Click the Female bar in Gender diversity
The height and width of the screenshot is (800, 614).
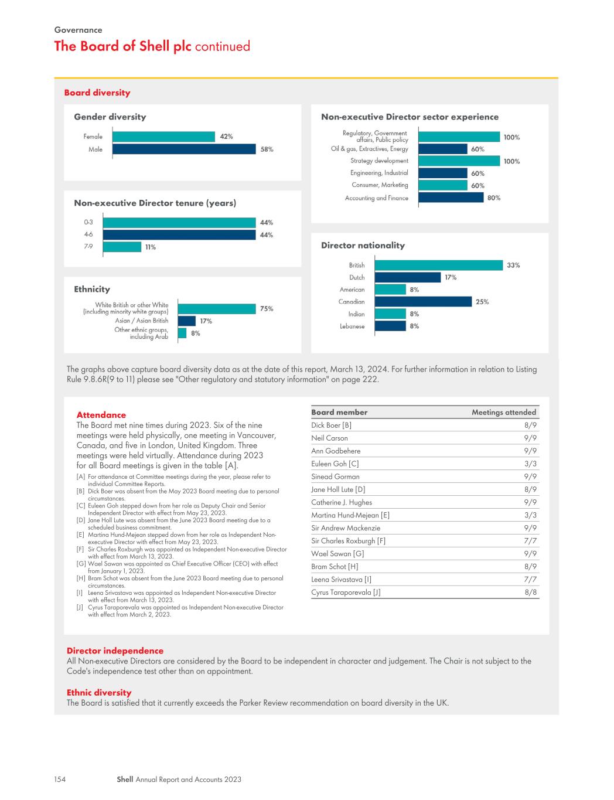pyautogui.click(x=163, y=137)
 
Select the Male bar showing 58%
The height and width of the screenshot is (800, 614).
pyautogui.click(x=184, y=149)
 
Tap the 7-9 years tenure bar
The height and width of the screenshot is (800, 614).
pyautogui.click(x=122, y=247)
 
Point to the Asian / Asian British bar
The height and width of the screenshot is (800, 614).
pyautogui.click(x=186, y=321)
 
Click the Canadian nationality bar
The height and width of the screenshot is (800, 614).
pyautogui.click(x=423, y=301)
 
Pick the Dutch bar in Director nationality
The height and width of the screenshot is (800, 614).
pyautogui.click(x=408, y=277)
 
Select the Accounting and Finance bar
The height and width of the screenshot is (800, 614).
pyautogui.click(x=451, y=198)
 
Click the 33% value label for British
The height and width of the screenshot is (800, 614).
pyautogui.click(x=513, y=265)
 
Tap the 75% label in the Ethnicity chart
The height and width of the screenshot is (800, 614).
pyautogui.click(x=267, y=308)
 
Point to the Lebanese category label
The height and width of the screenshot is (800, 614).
pyautogui.click(x=352, y=326)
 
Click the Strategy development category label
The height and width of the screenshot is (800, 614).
pyautogui.click(x=379, y=161)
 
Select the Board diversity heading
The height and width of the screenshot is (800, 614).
pyautogui.click(x=97, y=93)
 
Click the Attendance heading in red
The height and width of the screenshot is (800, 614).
pyautogui.click(x=101, y=415)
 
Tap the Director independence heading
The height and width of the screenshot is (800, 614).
pyautogui.click(x=115, y=651)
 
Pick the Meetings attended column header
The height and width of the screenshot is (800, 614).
pyautogui.click(x=504, y=413)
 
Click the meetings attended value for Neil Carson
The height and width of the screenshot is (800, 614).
pyautogui.click(x=530, y=438)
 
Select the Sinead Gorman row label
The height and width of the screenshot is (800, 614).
pyautogui.click(x=335, y=476)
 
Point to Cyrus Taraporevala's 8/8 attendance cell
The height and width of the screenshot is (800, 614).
pyautogui.click(x=530, y=593)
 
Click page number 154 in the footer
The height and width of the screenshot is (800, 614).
pyautogui.click(x=60, y=779)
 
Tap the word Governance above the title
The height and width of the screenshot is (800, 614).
pyautogui.click(x=79, y=30)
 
